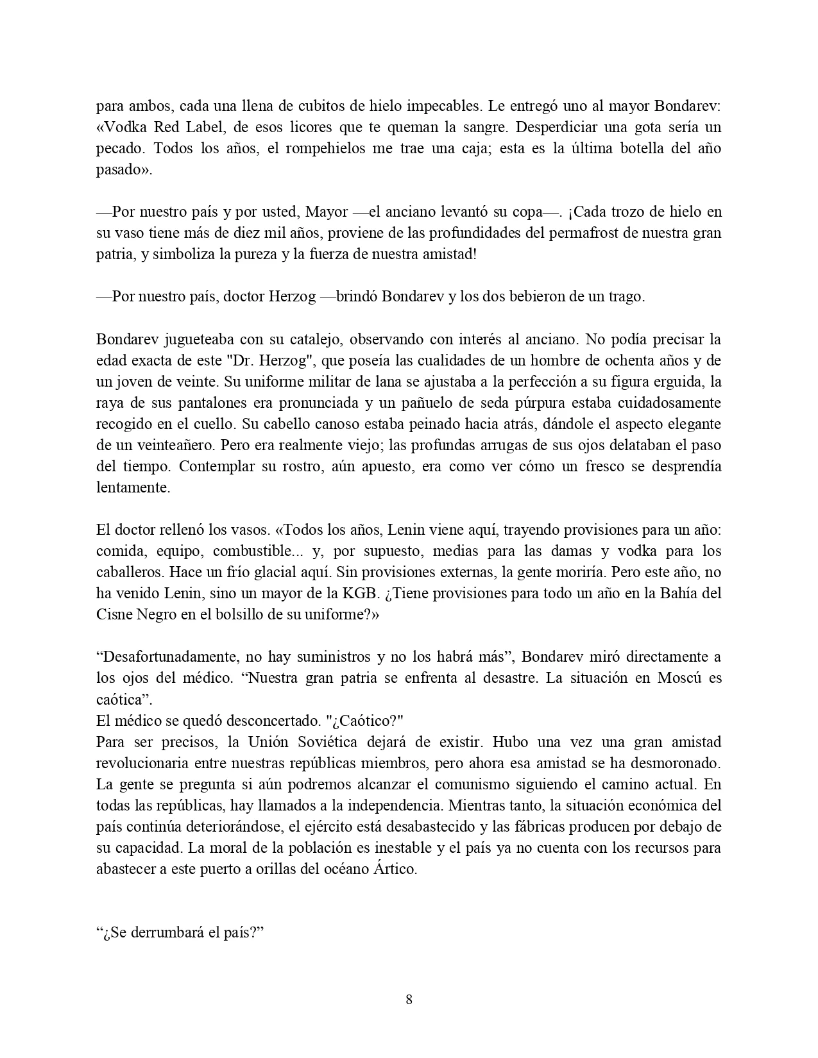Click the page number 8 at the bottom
click(x=409, y=999)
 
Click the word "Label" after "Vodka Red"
click(x=194, y=127)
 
